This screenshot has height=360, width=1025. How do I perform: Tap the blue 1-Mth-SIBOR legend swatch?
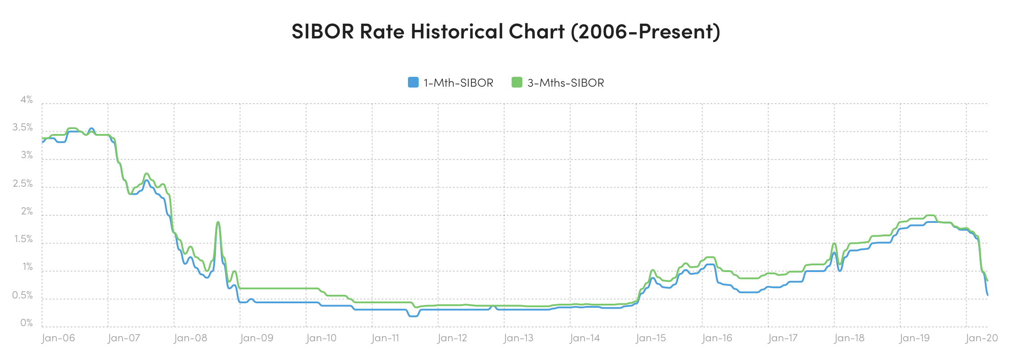tap(413, 82)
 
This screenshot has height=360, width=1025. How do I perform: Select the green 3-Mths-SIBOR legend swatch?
tap(517, 82)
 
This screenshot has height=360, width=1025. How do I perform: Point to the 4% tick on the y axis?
tap(26, 100)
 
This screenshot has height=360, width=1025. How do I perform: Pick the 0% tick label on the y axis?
tap(26, 323)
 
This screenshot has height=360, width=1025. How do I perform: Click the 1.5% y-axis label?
tap(23, 239)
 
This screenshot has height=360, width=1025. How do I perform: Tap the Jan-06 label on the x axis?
tap(58, 338)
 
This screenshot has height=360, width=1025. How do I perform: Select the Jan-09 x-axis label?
tap(256, 338)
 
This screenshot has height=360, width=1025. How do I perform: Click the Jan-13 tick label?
tap(518, 338)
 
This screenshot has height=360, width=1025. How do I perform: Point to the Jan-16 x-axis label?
tap(717, 338)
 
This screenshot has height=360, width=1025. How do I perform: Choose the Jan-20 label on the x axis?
tap(981, 338)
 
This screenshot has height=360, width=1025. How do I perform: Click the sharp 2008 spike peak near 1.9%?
tap(218, 222)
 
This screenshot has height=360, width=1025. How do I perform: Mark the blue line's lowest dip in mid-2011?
tap(413, 316)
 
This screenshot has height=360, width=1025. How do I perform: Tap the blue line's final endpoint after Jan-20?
tap(987, 295)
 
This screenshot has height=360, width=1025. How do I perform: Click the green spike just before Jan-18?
tap(834, 243)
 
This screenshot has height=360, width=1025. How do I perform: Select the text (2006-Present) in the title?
tap(646, 31)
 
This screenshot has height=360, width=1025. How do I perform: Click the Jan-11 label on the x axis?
tap(385, 338)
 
